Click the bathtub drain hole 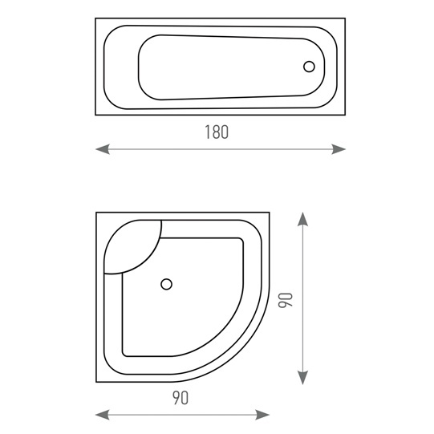[309, 67]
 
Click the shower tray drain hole [166, 284]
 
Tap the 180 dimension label [217, 132]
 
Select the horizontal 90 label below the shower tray [180, 398]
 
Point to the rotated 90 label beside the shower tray [286, 300]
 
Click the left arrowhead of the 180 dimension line [103, 149]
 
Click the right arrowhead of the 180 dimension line [339, 149]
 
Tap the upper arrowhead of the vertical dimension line [302, 219]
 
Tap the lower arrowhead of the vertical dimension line [302, 378]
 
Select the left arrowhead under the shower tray [103, 415]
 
